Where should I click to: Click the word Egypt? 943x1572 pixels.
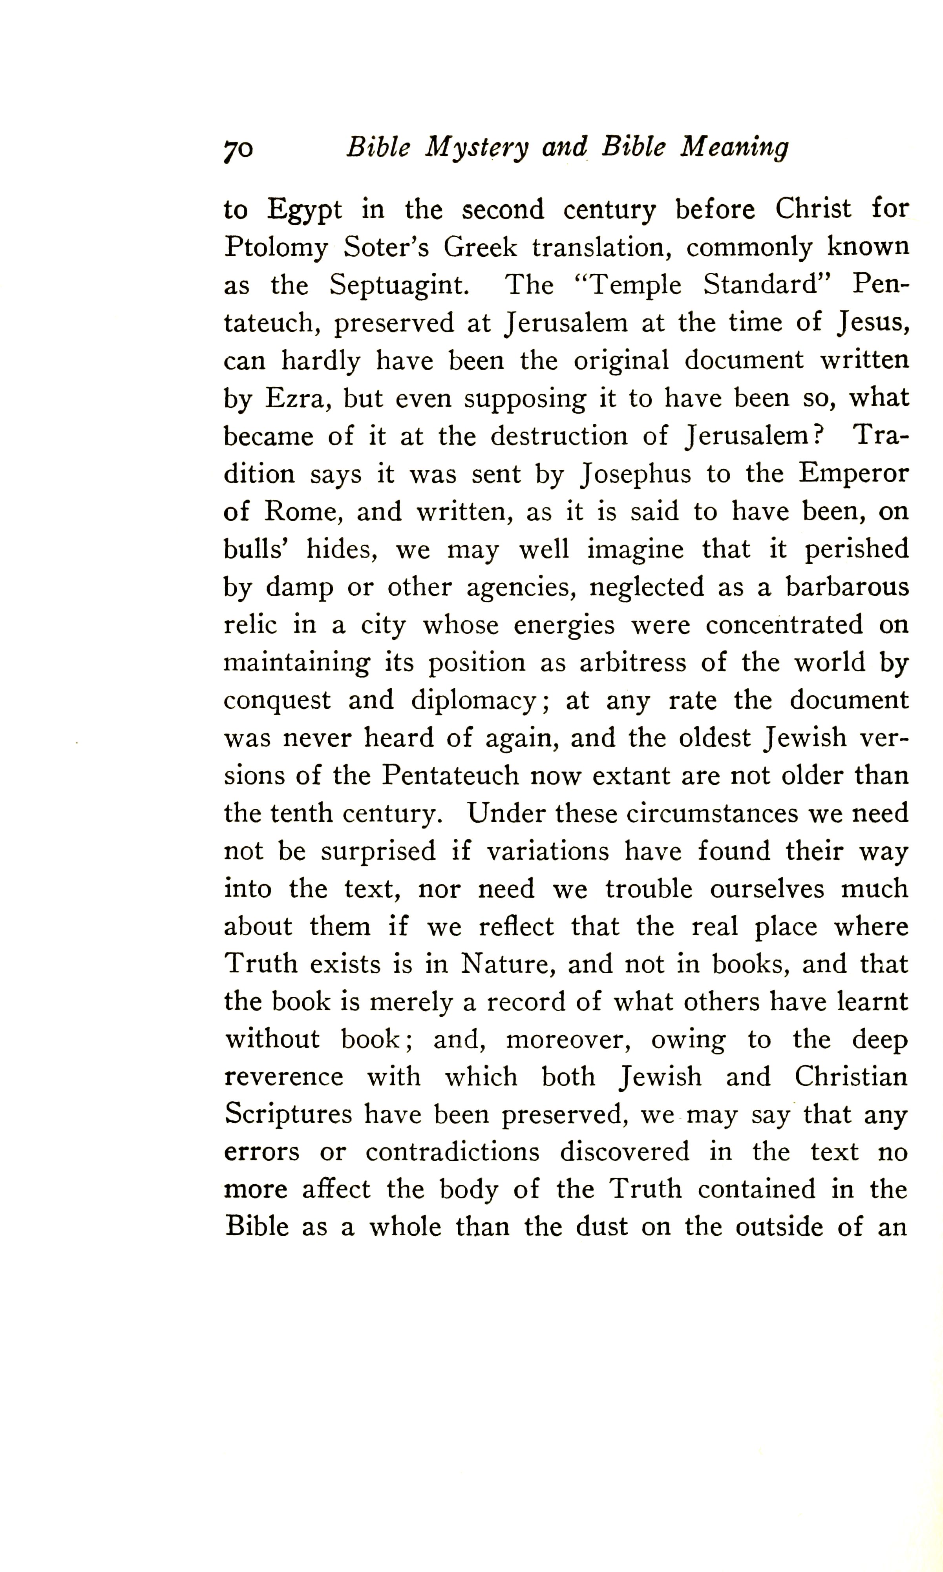coord(304,210)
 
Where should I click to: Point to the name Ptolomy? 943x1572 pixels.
coord(276,248)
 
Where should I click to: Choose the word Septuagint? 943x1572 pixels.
coord(399,286)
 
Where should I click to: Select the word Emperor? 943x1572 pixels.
coord(853,474)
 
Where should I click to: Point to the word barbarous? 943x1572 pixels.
coord(847,587)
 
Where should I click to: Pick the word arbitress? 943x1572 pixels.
coord(632,662)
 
